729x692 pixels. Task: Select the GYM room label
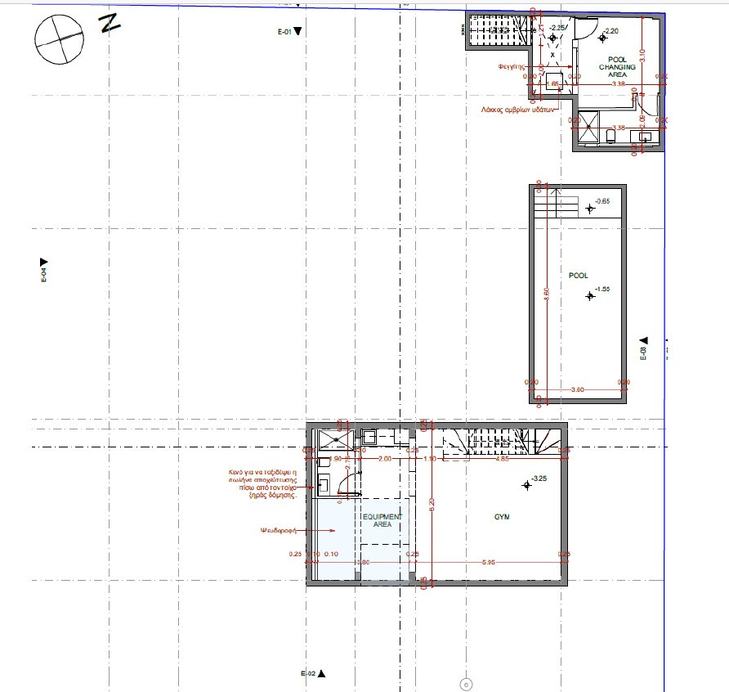501,517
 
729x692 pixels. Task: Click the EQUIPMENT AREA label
382,520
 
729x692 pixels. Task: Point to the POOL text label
578,276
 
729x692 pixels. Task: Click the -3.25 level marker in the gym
527,485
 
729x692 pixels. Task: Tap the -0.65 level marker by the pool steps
590,208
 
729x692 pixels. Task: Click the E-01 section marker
290,31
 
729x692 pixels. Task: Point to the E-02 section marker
313,673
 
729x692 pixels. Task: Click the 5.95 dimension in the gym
489,562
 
